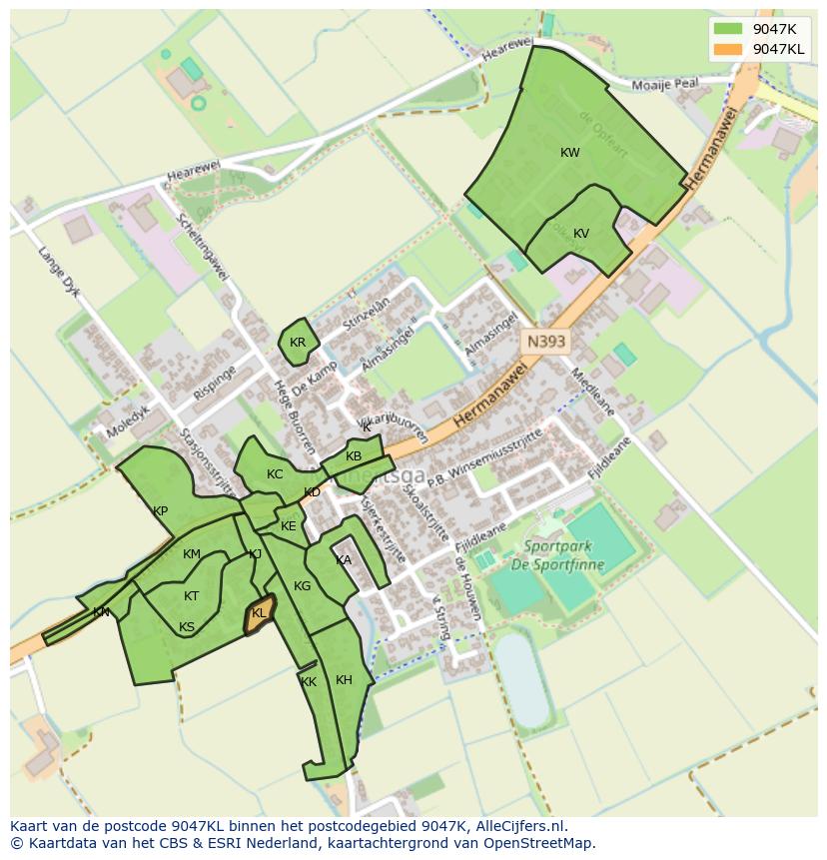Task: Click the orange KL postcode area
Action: coord(260,613)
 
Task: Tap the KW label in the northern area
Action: coord(570,153)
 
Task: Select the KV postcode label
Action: coord(581,234)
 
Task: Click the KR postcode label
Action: coord(298,343)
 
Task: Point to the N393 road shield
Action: coord(546,342)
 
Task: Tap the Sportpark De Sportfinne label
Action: coord(568,555)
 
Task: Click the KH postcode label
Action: coord(344,680)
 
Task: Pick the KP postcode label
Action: coord(160,510)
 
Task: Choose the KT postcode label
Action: coord(192,596)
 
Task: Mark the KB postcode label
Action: coord(354,456)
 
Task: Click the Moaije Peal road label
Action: coord(672,85)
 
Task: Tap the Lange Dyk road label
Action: coord(57,272)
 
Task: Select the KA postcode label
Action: coord(344,560)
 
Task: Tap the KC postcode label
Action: coord(275,474)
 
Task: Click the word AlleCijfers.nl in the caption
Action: coord(518,826)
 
